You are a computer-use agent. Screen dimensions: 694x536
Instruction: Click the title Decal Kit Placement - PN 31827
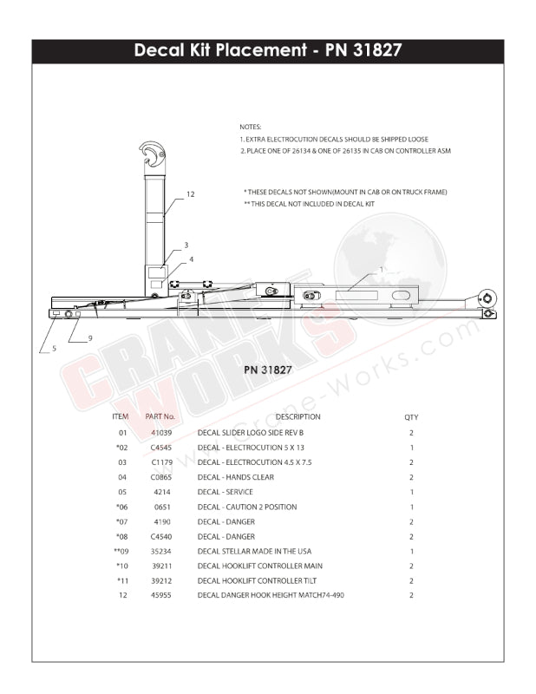coord(267,50)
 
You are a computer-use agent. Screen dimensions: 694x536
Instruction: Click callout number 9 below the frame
coord(89,337)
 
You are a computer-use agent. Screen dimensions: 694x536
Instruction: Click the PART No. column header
coord(160,417)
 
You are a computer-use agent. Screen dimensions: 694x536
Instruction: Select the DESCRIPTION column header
coord(297,417)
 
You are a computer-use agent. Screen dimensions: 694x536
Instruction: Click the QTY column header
coord(411,417)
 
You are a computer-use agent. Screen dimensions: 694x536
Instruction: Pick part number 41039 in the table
coord(161,432)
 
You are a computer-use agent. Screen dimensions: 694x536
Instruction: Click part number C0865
coord(161,477)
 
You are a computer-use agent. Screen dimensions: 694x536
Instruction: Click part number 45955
coord(161,595)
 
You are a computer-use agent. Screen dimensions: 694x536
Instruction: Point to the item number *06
coord(121,507)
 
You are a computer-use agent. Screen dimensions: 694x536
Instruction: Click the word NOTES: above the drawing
coord(250,127)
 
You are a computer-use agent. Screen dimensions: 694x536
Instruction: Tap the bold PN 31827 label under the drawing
coord(267,370)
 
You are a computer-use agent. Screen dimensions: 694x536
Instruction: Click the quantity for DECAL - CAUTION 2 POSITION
coord(411,507)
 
